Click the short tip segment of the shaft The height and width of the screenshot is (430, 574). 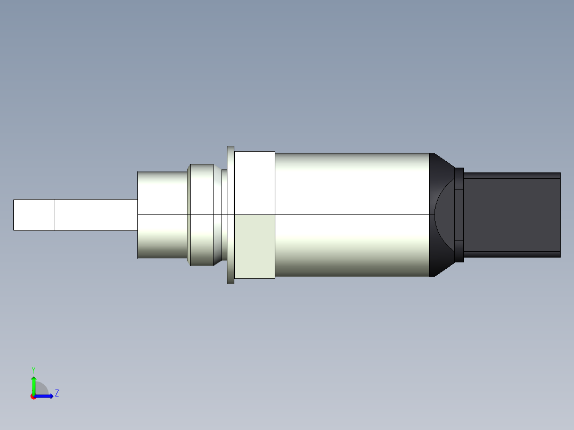coord(34,215)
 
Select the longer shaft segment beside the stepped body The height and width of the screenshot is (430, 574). coord(96,215)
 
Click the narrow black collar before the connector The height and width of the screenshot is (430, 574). coord(460,215)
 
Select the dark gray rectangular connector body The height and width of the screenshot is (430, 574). coord(511,215)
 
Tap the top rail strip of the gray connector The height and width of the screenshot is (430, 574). coord(511,175)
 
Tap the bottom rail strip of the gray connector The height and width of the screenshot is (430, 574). coord(511,254)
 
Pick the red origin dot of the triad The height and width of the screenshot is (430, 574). coord(34,396)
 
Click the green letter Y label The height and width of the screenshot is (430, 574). coord(33,369)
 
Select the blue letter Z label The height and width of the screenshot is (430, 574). coord(56,393)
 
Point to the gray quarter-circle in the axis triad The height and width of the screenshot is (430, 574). coord(42,390)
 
